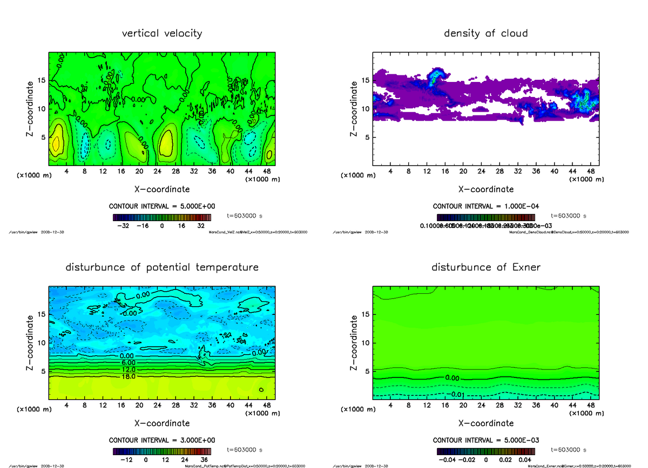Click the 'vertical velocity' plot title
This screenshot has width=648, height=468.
[x=162, y=33]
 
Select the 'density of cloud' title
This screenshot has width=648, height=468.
[x=486, y=33]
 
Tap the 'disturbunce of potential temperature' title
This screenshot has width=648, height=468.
[x=162, y=267]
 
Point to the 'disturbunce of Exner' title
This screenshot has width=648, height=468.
[x=486, y=267]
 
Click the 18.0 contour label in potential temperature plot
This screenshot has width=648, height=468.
[x=129, y=376]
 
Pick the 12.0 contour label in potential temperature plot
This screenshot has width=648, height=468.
[x=129, y=369]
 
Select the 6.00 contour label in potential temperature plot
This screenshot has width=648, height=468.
[x=129, y=363]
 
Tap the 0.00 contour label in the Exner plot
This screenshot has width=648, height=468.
[x=453, y=378]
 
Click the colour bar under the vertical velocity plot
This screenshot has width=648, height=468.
[x=162, y=217]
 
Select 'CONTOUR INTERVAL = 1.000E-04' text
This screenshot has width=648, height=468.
[x=486, y=207]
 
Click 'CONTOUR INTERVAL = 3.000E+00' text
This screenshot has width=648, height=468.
[x=162, y=440]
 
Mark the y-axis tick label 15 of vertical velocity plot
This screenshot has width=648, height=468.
[x=41, y=81]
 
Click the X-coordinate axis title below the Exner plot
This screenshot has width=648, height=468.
[x=486, y=423]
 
